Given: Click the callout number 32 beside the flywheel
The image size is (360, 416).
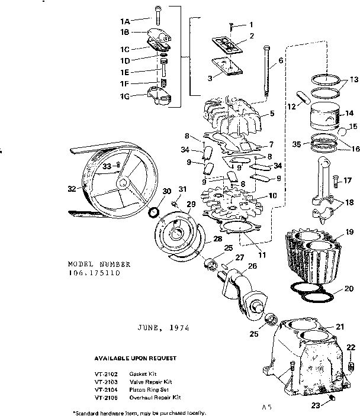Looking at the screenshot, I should click(72, 189).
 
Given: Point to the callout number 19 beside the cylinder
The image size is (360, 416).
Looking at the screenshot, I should click(349, 232).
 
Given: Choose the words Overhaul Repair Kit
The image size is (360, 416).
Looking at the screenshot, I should click(155, 397).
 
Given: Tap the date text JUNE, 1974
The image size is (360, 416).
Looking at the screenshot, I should click(163, 327).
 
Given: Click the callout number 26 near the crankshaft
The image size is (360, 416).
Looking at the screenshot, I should click(253, 267).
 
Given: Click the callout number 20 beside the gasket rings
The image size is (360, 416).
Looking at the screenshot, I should click(349, 289).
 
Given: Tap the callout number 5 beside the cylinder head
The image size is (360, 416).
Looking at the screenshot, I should click(272, 114).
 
